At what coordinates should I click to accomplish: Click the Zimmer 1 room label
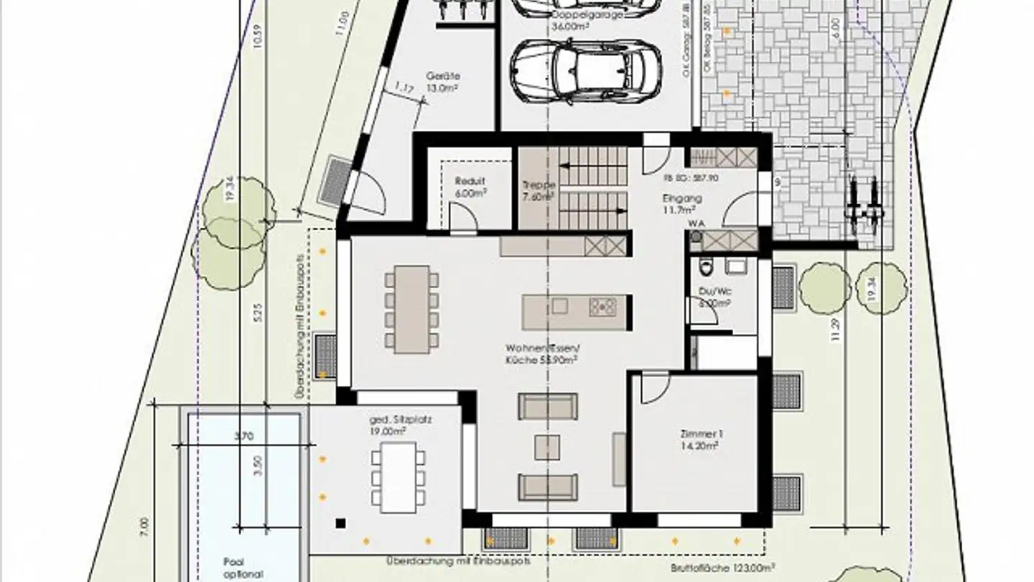(x=700, y=440)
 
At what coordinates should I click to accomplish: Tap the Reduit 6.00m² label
(x=471, y=187)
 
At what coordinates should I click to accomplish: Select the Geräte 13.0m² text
(x=443, y=81)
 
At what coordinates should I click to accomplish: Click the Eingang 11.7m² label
(x=683, y=203)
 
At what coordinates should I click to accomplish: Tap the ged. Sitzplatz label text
(x=395, y=425)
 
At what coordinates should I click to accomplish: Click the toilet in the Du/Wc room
(x=707, y=269)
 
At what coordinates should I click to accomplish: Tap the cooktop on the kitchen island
(x=602, y=307)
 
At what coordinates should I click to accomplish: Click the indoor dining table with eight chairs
(x=411, y=308)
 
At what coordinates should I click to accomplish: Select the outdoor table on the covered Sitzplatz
(x=398, y=477)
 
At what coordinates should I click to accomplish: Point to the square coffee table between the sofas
(x=547, y=447)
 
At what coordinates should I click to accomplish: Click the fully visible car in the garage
(x=586, y=71)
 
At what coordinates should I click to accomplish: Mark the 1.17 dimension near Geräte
(x=404, y=89)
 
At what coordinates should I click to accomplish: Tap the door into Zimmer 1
(x=654, y=387)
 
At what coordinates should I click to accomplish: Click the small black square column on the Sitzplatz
(x=340, y=523)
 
